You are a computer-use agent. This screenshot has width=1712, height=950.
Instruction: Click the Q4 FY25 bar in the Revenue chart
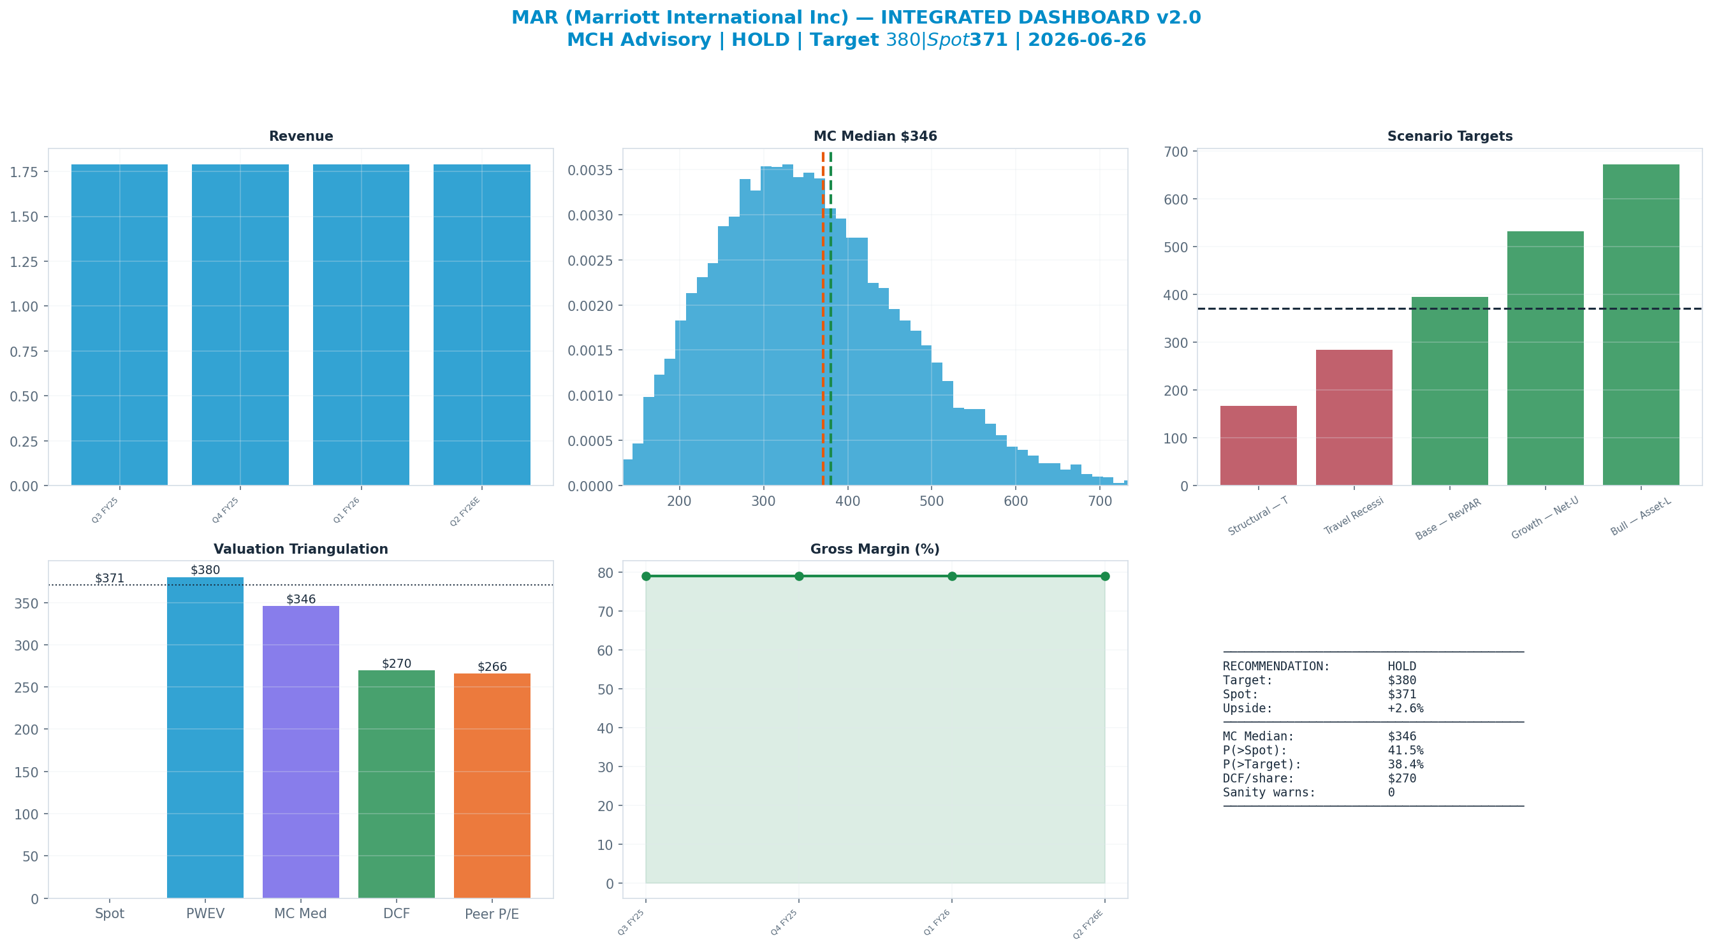240,325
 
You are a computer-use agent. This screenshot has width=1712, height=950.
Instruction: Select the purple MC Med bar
301,752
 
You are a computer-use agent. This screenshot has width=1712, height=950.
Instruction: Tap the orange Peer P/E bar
492,786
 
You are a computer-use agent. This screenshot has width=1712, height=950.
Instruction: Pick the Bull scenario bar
1641,325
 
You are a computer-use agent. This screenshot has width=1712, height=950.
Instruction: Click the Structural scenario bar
1259,446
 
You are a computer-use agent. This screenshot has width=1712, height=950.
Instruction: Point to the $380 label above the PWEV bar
205,570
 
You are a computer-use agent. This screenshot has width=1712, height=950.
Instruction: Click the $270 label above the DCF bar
397,664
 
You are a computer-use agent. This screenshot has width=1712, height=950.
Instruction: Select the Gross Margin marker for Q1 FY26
953,576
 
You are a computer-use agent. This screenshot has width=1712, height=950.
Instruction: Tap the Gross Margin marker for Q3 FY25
646,576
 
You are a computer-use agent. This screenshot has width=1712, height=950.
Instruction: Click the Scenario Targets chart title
1450,136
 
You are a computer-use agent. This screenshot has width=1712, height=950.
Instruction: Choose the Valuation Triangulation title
301,549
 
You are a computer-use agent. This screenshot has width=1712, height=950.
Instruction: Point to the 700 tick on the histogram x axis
1100,501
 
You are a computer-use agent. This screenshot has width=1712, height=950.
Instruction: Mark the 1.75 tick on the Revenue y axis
24,172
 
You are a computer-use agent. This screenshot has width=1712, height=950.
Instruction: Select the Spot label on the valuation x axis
110,914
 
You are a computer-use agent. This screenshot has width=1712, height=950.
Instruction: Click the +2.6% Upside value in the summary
1405,708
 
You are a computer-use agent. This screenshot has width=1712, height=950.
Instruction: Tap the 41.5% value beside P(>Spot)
1405,750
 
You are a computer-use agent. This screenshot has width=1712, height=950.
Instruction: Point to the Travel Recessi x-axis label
1353,516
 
